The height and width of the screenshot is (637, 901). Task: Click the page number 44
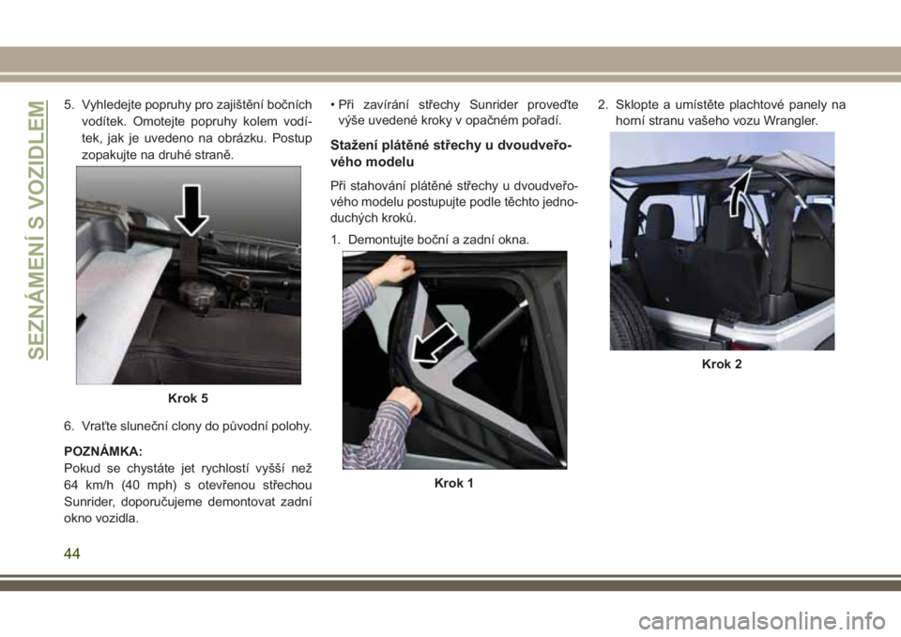(72, 553)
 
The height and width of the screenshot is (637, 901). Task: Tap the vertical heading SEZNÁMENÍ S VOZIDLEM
(38, 229)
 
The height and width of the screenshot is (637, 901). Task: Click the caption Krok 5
(188, 398)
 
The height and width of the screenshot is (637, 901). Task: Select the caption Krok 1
(454, 483)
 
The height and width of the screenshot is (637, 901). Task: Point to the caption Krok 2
(722, 364)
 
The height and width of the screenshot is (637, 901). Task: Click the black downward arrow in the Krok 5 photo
(191, 210)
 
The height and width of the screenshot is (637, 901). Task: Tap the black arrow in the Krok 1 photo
(435, 344)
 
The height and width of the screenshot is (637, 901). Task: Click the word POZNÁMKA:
(103, 451)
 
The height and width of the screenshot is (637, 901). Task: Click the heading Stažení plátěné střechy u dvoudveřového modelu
(451, 154)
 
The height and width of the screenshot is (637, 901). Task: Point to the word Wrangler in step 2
(789, 121)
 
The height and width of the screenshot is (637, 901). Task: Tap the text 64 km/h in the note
(89, 485)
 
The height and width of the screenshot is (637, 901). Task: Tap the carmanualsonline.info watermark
(762, 621)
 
